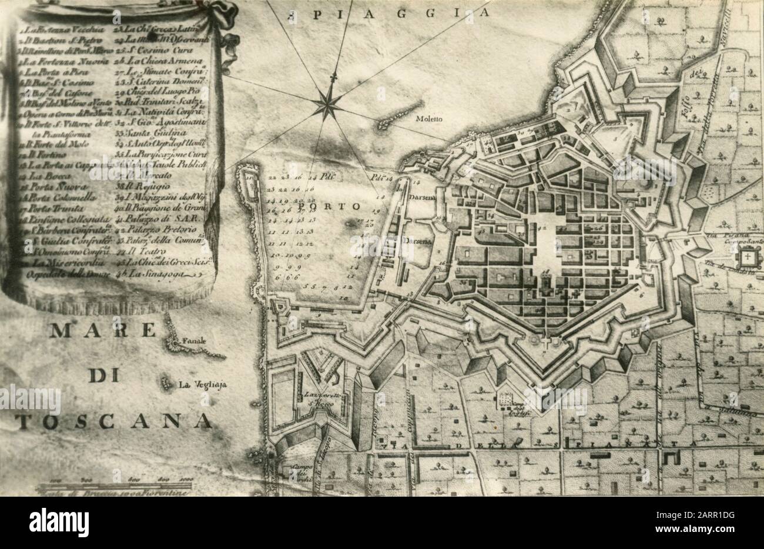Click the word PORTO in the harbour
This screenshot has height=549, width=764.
tap(336, 207)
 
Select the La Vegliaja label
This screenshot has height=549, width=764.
tap(203, 386)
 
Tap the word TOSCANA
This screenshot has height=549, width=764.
tap(113, 420)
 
